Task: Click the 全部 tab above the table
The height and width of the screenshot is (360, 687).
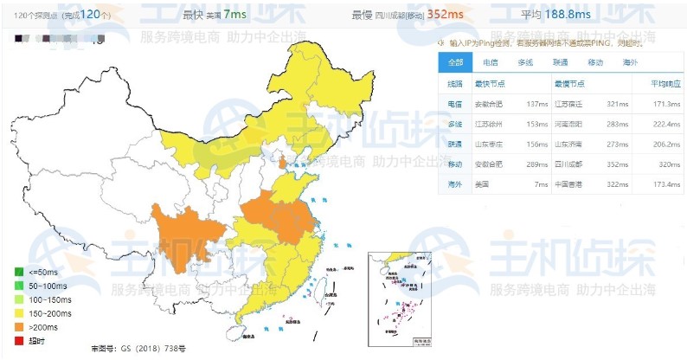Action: click(x=455, y=62)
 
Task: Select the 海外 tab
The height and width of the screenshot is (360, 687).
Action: click(x=630, y=62)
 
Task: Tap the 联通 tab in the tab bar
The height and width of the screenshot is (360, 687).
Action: click(x=560, y=62)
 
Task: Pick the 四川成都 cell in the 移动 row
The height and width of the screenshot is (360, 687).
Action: click(x=571, y=164)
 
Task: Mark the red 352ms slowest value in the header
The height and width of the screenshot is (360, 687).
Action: click(x=445, y=15)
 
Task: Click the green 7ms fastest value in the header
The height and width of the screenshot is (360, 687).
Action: click(x=233, y=15)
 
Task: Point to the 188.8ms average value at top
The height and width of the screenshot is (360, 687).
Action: click(x=574, y=15)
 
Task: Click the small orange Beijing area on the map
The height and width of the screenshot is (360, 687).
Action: click(x=282, y=162)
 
